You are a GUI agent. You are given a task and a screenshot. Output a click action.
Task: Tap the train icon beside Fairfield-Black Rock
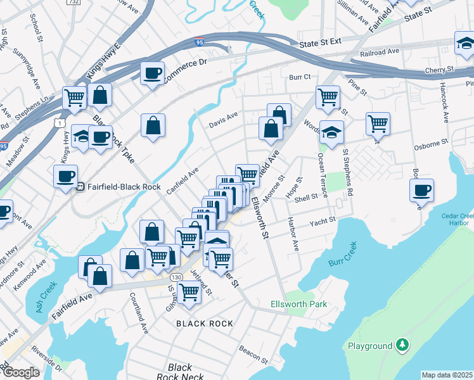[x=80, y=186]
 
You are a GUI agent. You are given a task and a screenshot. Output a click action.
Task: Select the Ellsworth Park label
[x=307, y=305]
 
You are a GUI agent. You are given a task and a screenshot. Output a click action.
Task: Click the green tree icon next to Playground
[x=402, y=345]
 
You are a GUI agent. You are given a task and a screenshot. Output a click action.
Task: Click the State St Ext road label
[x=320, y=43]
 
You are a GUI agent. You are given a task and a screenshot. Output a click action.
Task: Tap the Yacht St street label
[x=322, y=221]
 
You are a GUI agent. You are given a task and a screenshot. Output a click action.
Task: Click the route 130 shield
[x=176, y=278]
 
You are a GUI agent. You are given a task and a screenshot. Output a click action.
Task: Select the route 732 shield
[x=73, y=3]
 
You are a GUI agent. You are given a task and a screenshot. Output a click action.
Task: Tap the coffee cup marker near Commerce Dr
[x=152, y=73]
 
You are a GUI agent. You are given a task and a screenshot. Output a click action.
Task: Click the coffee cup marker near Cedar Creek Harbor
[x=421, y=190]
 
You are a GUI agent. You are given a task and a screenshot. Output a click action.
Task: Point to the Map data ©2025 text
[x=447, y=375]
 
